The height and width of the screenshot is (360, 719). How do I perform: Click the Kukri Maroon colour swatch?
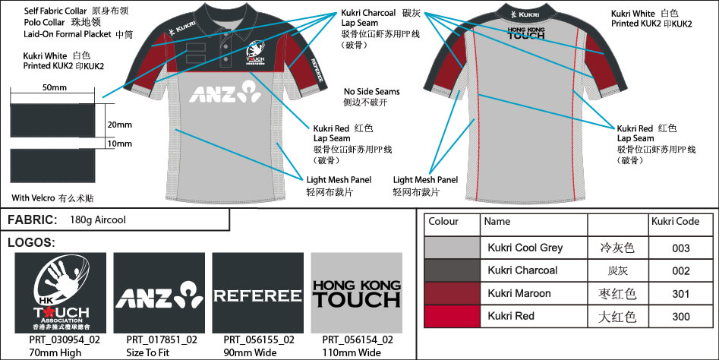(x=452, y=293)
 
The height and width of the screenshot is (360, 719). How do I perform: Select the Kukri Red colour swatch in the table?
(x=452, y=316)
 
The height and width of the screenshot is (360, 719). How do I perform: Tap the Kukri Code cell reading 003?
(x=680, y=248)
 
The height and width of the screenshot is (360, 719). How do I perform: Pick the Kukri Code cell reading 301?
(x=680, y=293)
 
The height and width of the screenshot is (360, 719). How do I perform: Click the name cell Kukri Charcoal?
(x=522, y=270)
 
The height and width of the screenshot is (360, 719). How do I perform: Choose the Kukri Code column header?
(x=675, y=222)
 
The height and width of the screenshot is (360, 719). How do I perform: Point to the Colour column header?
(x=443, y=222)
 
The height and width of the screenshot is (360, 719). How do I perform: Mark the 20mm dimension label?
(x=119, y=125)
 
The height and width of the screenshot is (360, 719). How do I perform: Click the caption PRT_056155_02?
(x=257, y=340)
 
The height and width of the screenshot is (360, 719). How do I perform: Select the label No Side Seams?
(x=372, y=92)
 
